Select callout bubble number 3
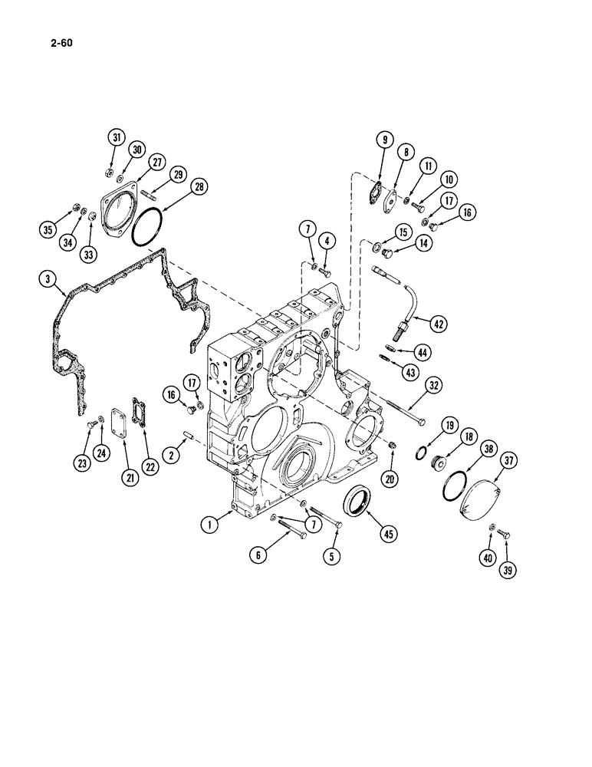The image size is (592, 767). tap(48, 281)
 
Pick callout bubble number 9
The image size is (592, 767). tap(384, 140)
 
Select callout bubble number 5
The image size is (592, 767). tap(334, 558)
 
